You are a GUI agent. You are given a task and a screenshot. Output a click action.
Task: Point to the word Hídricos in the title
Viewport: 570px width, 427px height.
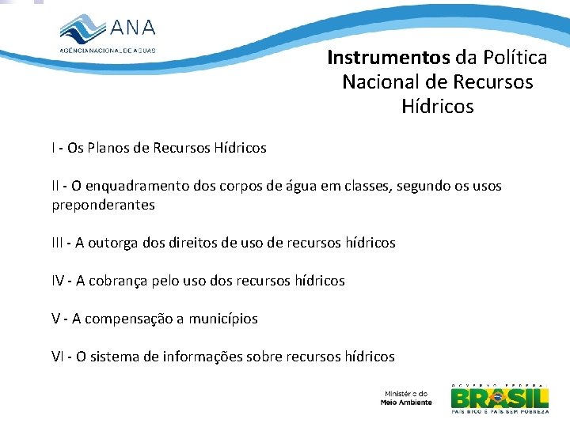click(437, 106)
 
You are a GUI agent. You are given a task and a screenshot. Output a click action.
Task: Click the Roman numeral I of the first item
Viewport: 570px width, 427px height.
click(54, 148)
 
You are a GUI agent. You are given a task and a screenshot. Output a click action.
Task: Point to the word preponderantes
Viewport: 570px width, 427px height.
click(103, 205)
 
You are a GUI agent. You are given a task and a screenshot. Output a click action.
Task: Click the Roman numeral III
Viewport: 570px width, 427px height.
click(59, 243)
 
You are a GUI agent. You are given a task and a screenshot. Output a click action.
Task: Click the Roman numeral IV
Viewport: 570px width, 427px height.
click(59, 281)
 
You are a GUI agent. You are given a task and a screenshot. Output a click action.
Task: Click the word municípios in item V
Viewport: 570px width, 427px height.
click(222, 319)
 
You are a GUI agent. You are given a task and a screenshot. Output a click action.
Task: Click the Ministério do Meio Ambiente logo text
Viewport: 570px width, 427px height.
click(406, 398)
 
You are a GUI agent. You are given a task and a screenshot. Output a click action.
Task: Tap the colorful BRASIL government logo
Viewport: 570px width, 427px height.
click(500, 398)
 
